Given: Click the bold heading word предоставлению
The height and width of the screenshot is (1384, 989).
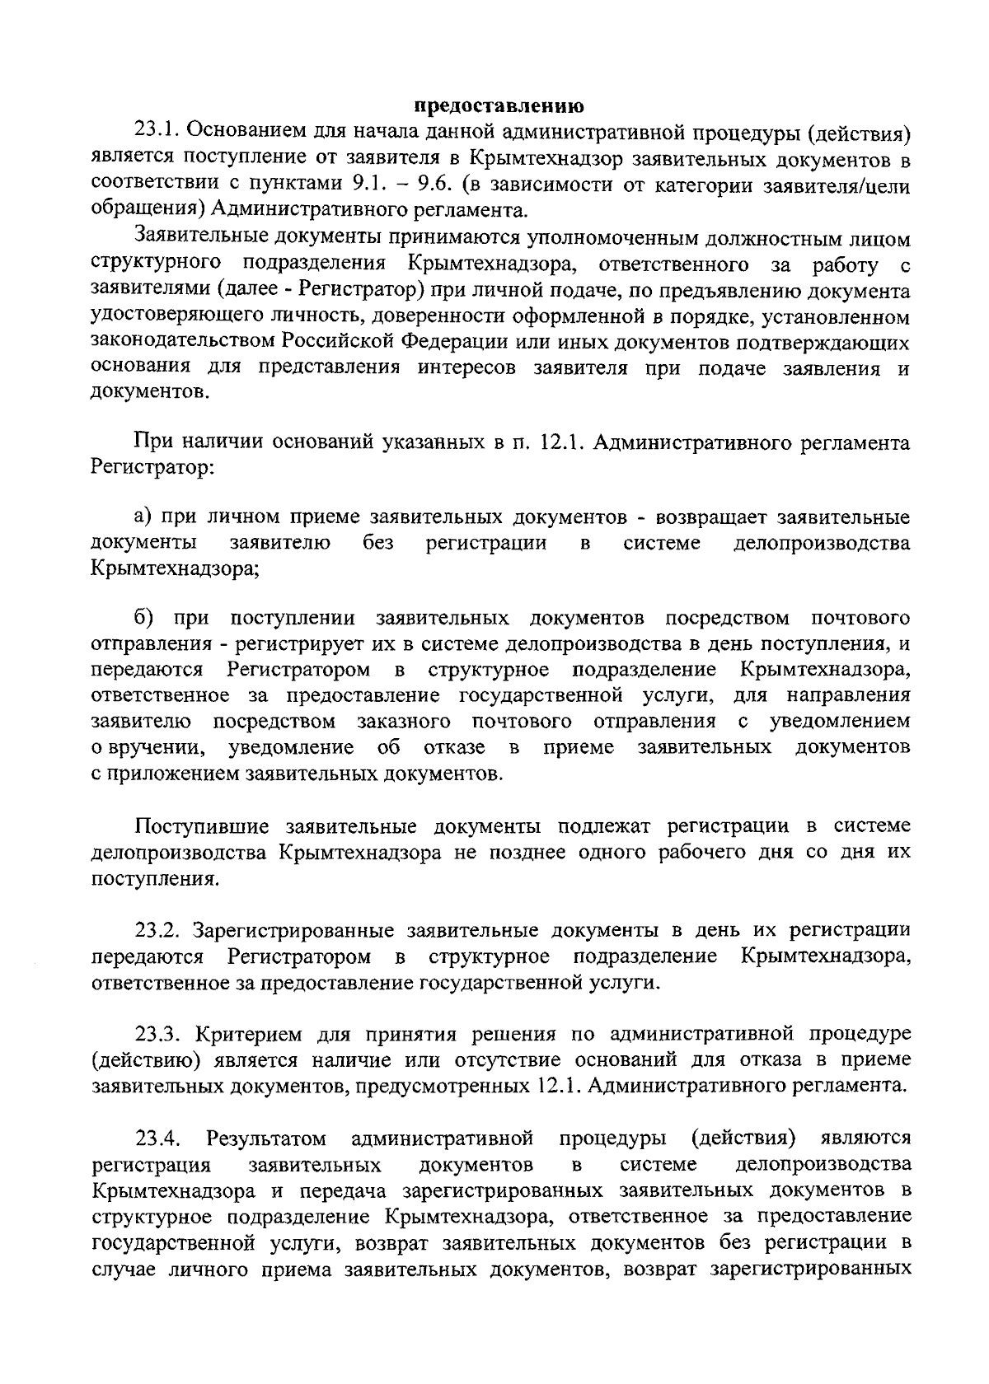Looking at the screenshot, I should tap(499, 106).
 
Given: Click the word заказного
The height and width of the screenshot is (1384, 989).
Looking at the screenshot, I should tap(404, 722).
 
